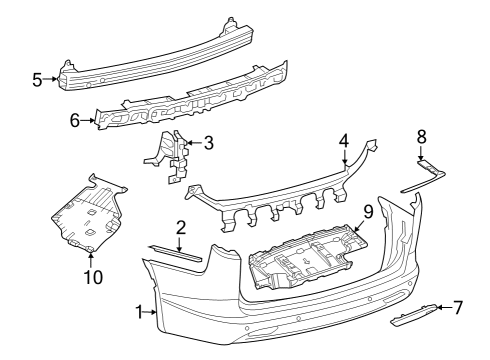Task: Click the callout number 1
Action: point(138,313)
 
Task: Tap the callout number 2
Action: point(181,227)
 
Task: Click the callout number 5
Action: point(37,79)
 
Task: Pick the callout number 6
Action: point(74,119)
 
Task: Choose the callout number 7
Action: point(458,307)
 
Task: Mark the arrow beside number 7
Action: point(442,308)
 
